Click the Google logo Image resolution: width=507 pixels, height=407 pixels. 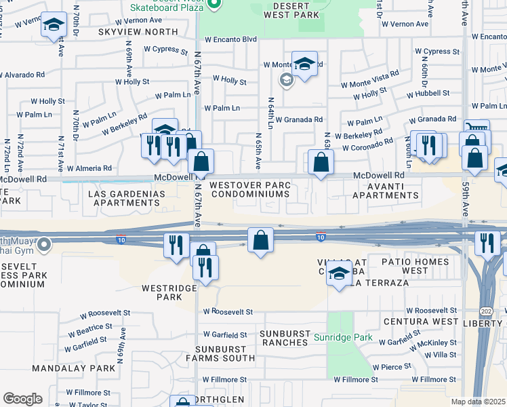22,398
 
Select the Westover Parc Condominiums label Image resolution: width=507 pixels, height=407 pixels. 250,189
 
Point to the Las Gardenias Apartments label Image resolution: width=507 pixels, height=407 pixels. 127,198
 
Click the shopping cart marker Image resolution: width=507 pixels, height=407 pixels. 477,128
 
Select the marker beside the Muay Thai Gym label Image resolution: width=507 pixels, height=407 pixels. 45,243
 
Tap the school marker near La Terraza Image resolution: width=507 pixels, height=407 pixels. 338,274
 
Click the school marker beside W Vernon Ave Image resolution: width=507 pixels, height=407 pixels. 52,26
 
